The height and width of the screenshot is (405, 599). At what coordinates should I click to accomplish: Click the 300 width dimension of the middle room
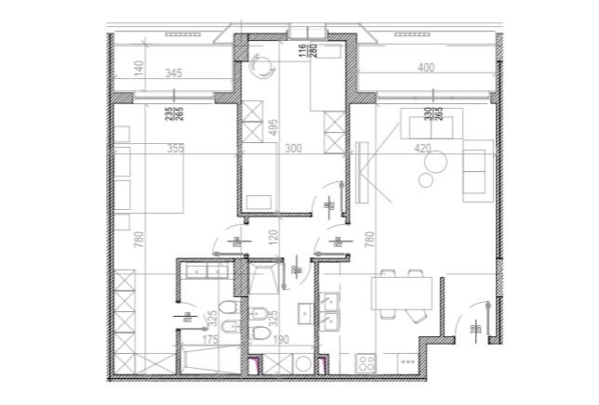point(293,147)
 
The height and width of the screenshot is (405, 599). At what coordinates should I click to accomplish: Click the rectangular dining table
point(402,294)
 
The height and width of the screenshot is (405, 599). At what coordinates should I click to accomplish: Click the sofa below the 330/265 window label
point(426,124)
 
